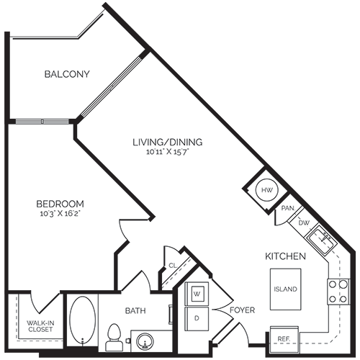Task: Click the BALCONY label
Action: tap(66, 74)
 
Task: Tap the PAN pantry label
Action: tap(287, 208)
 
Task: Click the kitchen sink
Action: tap(320, 237)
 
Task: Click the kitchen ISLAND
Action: tap(285, 289)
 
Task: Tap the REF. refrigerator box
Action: tap(282, 338)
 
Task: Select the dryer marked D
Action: tap(197, 317)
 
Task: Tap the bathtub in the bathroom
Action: tap(81, 322)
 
